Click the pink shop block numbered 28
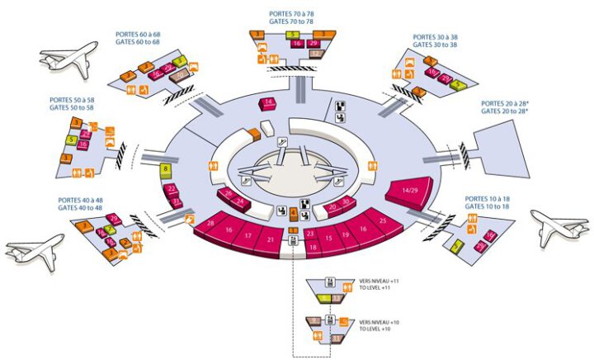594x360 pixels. pos(212,225)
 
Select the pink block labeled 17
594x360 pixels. pos(247,235)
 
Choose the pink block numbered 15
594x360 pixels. pos(328,239)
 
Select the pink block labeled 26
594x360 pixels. pos(228,196)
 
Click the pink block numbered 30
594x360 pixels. pos(346,201)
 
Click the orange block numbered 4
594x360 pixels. pos(294,213)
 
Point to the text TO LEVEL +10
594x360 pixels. pos(378,329)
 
